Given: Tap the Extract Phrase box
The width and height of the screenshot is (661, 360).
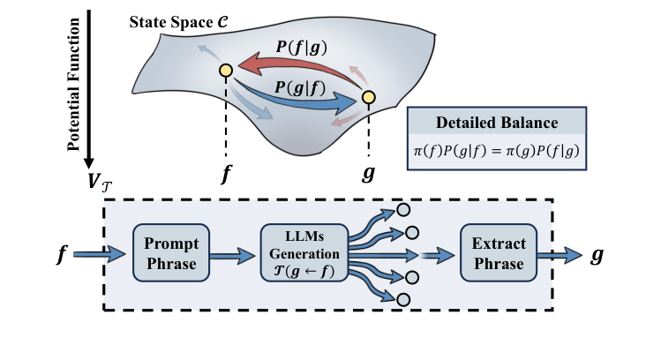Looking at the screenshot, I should [497, 254].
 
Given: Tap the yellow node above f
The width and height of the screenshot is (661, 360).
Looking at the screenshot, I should [225, 71].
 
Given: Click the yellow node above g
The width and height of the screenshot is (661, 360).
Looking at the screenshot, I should [368, 97].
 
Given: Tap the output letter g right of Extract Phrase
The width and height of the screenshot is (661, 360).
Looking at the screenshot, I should [597, 255].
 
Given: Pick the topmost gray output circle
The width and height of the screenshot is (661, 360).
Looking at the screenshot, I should [403, 211].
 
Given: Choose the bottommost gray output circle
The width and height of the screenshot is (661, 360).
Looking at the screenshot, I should [403, 300].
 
